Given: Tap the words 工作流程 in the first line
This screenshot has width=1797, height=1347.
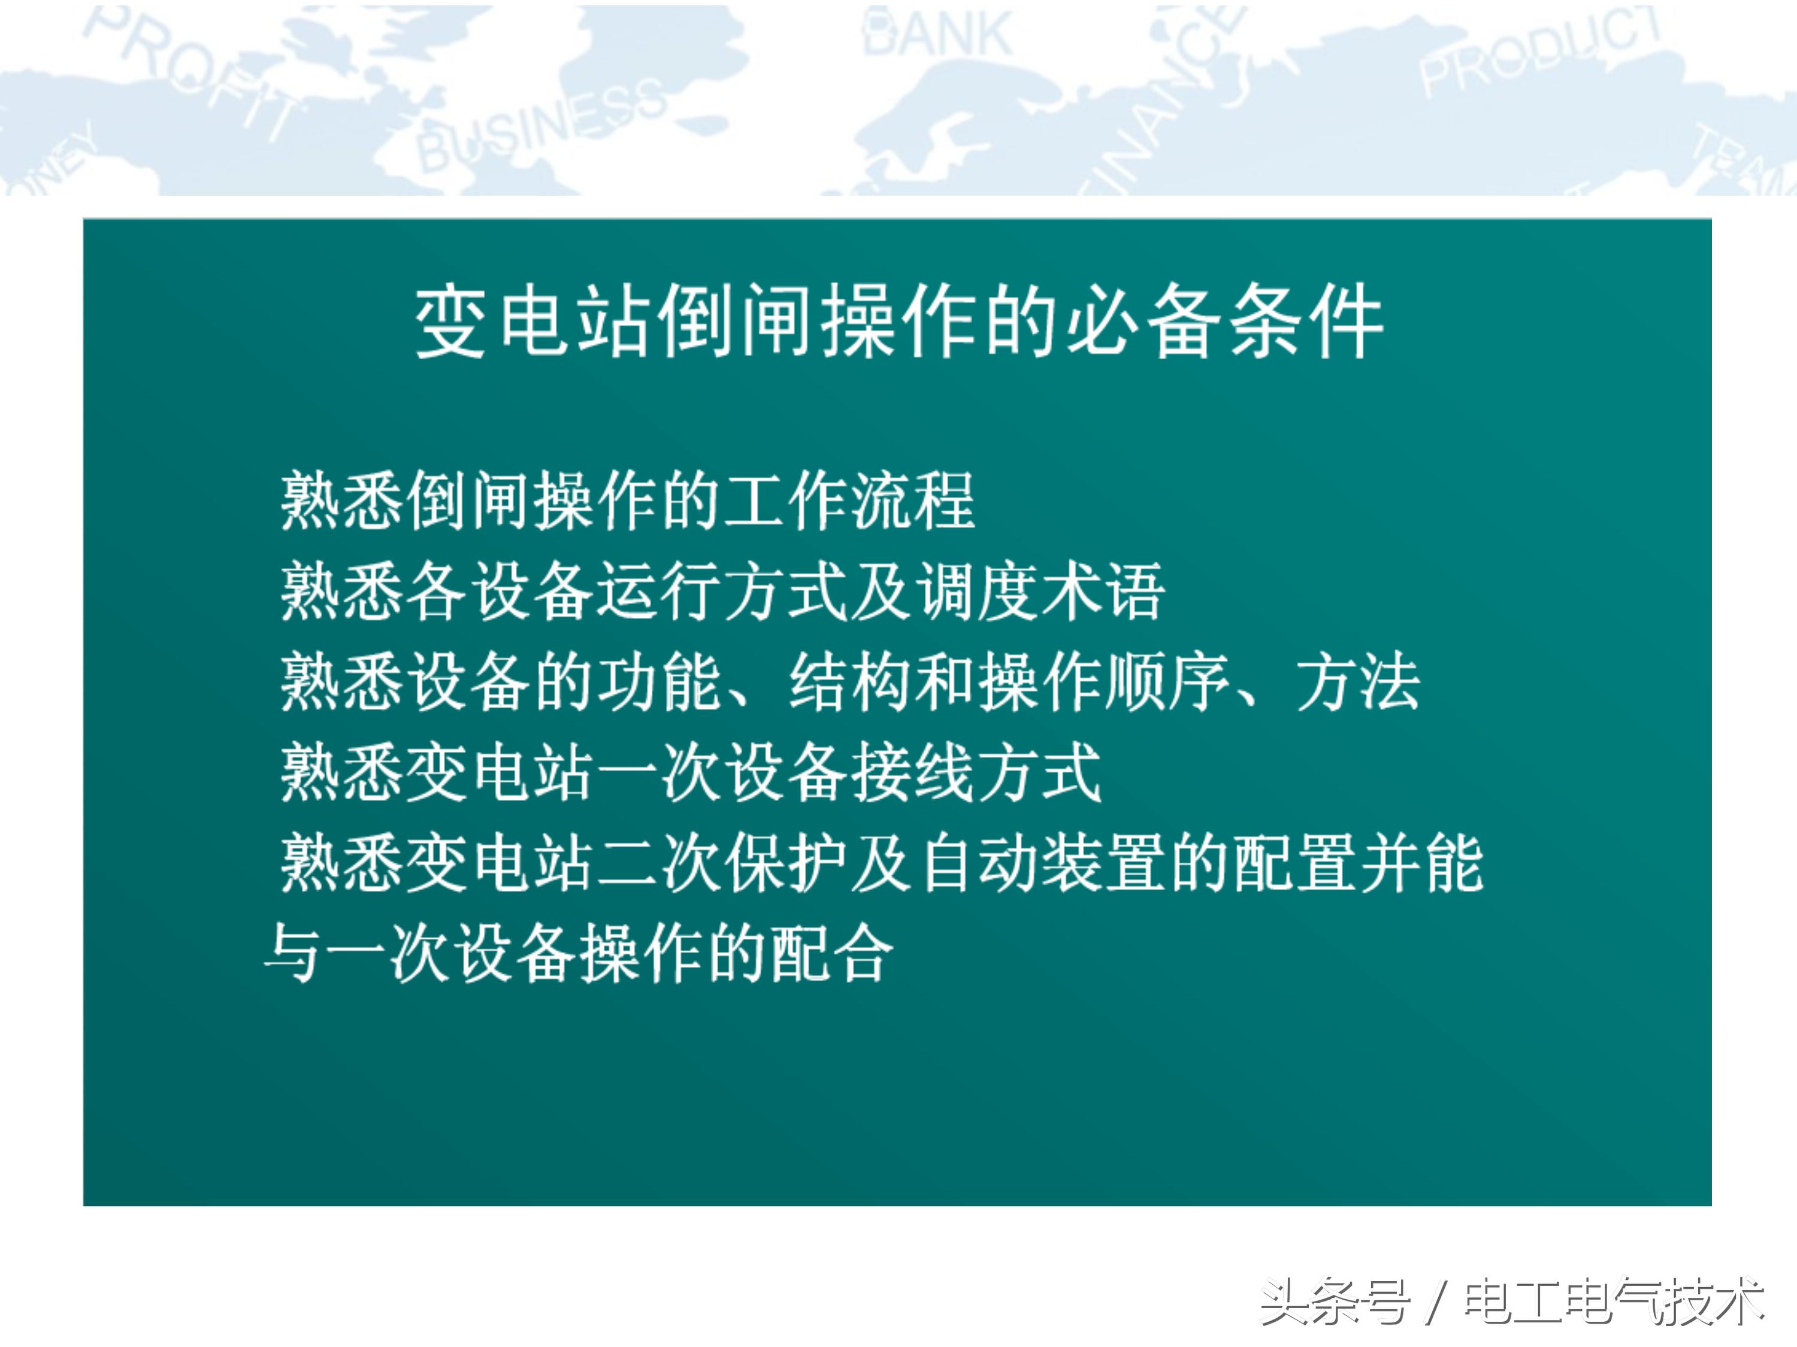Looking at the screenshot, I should pyautogui.click(x=848, y=501).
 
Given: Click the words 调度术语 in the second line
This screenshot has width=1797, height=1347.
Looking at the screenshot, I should pyautogui.click(x=1040, y=591).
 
